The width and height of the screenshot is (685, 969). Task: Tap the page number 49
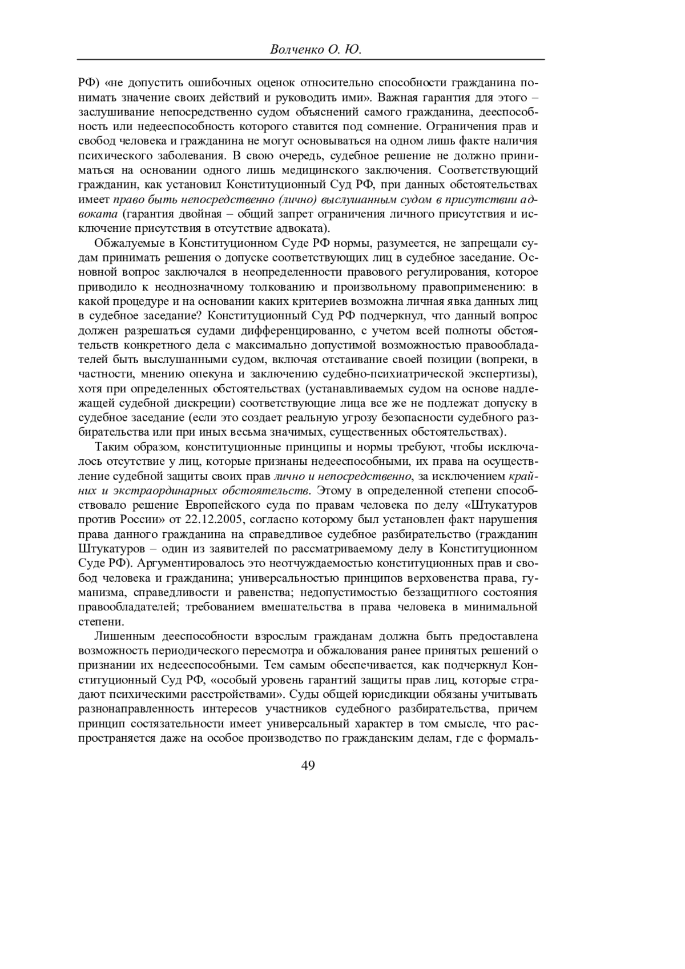(x=308, y=766)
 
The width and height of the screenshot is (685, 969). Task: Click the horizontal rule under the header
(x=311, y=60)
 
